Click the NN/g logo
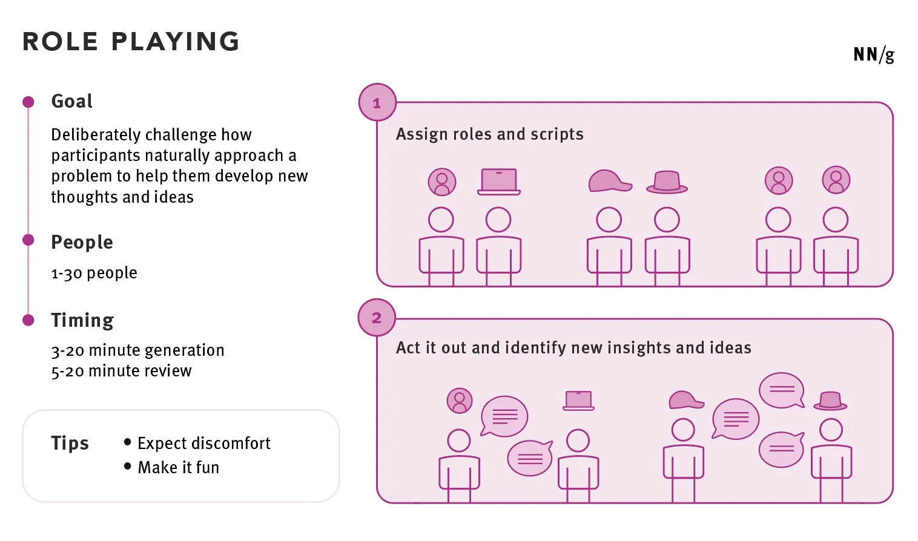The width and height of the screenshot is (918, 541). (873, 54)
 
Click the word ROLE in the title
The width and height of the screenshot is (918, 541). (60, 42)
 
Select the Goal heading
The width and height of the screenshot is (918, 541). (71, 101)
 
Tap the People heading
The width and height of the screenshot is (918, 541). (82, 242)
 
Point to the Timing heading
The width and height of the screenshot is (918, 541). (82, 320)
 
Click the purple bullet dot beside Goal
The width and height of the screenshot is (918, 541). (28, 102)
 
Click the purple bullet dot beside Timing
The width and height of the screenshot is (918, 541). (28, 320)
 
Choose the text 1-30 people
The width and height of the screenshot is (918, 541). (94, 273)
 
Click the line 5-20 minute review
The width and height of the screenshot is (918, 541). (121, 371)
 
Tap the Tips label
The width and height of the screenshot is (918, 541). (70, 443)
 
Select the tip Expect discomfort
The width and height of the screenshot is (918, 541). (203, 444)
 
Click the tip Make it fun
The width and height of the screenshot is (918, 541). (178, 468)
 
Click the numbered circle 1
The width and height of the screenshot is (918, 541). (377, 103)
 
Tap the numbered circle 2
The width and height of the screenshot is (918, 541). (377, 318)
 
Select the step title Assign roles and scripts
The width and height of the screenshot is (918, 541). (489, 134)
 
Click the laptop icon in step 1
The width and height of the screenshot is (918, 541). (498, 182)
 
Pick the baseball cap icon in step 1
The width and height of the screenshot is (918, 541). (609, 181)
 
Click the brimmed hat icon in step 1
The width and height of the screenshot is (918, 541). (667, 182)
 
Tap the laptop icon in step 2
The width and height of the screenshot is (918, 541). (578, 401)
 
